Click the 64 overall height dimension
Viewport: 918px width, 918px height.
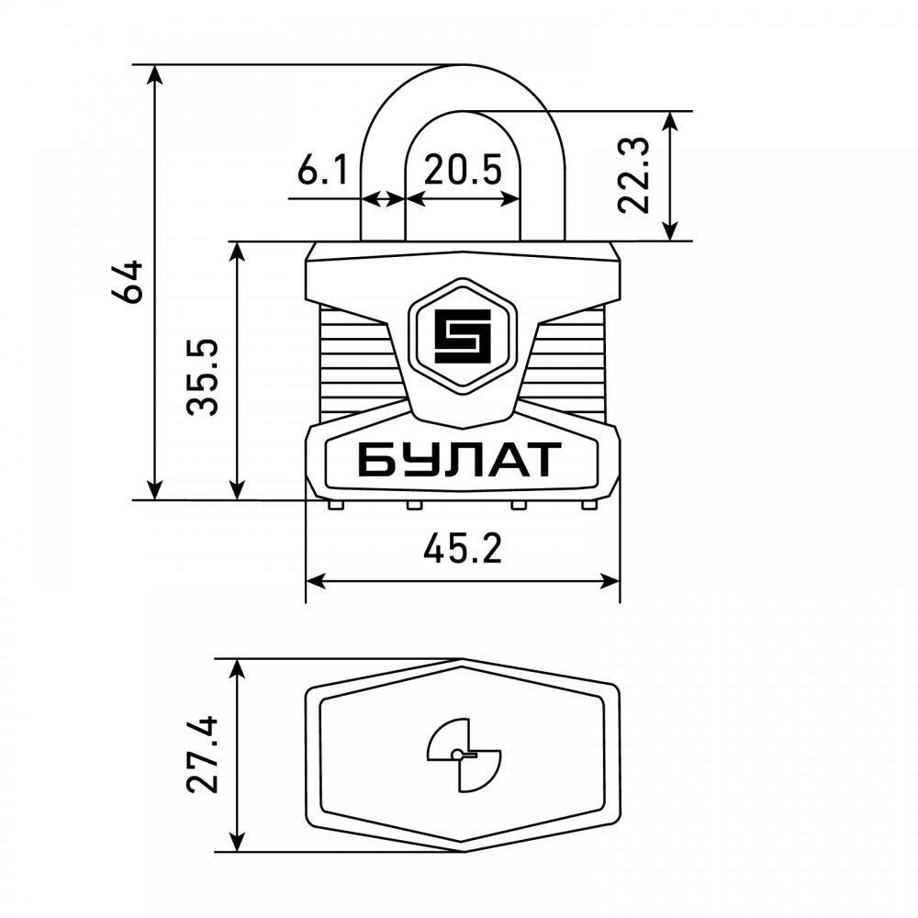point(127,282)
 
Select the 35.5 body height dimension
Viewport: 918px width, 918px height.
point(202,377)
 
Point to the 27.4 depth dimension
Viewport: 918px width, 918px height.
point(202,755)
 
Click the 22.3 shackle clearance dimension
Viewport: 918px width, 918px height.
point(634,175)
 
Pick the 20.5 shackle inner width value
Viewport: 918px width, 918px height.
point(463,170)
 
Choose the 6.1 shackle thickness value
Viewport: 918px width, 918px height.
point(322,170)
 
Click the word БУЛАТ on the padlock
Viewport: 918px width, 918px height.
point(460,460)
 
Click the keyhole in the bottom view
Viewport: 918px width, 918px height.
point(464,756)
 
